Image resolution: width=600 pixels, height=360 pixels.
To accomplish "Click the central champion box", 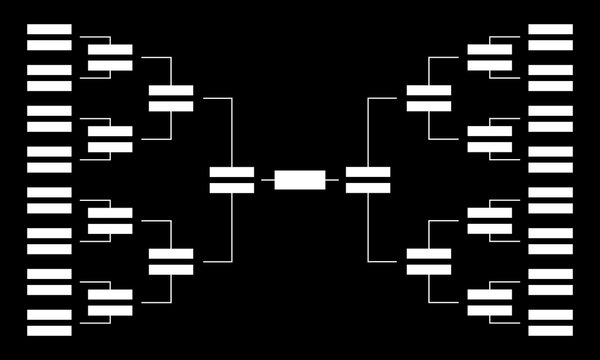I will tap(299, 180).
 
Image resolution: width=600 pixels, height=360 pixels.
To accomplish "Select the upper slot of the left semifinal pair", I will tap(231, 172).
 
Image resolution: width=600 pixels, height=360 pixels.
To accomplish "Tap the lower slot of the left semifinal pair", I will tap(231, 187).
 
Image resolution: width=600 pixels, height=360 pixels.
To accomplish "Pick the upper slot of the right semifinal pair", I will tap(367, 172).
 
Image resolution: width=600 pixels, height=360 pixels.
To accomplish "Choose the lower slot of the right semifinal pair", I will tap(367, 187).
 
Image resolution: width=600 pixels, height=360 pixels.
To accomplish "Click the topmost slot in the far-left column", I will tap(49, 29).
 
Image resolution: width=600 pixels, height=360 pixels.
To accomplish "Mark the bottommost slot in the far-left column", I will tap(49, 330).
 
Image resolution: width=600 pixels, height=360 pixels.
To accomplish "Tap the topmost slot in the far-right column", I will tap(550, 29).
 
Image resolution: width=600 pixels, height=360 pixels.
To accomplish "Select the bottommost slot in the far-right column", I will tap(550, 330).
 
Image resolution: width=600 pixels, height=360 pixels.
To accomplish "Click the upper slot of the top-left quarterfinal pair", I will tap(171, 91).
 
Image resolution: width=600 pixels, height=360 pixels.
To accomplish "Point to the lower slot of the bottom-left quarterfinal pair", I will tap(171, 269).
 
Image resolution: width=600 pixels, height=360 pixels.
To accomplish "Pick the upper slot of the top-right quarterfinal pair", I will tap(428, 91).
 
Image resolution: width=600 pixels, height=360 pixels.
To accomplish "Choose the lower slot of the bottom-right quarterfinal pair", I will tap(428, 269).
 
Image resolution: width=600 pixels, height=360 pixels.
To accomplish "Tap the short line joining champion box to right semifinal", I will tap(334, 180).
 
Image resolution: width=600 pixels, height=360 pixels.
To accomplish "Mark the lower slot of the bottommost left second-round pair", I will tap(110, 310).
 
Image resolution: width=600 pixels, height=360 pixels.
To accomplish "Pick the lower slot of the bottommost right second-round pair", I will tap(489, 310).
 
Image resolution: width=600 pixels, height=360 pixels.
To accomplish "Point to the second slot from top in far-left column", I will tap(49, 44).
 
